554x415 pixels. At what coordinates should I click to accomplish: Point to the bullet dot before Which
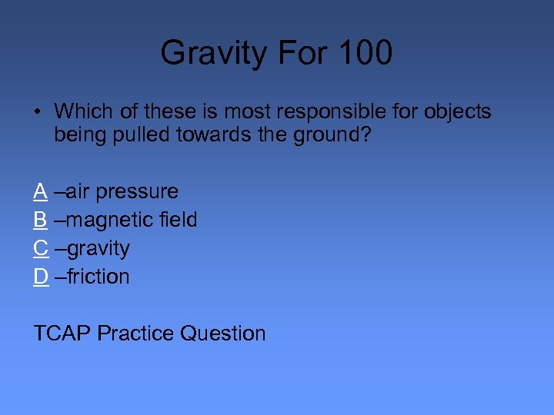[37, 112]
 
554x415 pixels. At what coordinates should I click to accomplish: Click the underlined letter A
[41, 191]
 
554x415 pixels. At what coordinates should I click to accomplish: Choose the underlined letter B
[41, 220]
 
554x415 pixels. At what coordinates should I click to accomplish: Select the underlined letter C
[41, 248]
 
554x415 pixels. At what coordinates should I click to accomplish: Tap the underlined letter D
[41, 277]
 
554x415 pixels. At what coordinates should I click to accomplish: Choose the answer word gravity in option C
[98, 248]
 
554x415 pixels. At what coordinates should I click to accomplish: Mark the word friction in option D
[98, 277]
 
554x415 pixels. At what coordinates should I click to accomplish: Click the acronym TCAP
[62, 334]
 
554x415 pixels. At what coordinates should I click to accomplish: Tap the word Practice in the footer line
[135, 334]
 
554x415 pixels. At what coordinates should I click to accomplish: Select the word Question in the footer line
[222, 334]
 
